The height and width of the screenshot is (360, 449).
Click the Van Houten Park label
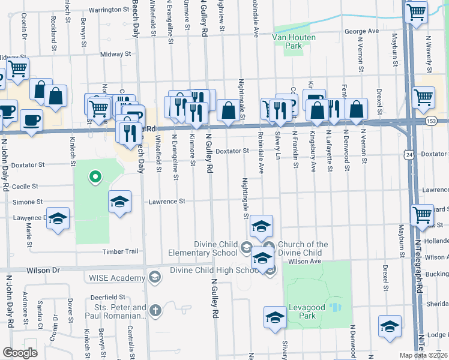(286, 41)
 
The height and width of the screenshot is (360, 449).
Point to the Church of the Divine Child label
(303, 248)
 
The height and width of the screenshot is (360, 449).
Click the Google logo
(20, 353)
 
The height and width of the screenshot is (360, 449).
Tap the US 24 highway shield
(409, 155)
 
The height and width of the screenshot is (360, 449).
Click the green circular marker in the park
(94, 176)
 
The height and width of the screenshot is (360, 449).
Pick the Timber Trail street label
(120, 251)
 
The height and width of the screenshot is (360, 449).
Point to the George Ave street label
(361, 31)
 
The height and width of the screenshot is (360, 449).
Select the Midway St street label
(111, 54)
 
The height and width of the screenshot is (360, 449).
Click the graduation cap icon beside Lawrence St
(119, 201)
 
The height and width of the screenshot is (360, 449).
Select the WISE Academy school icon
(155, 277)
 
